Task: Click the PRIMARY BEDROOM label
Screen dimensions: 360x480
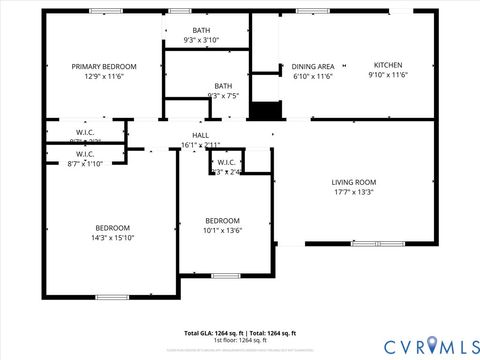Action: pyautogui.click(x=104, y=66)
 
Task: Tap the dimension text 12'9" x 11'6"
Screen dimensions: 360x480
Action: pyautogui.click(x=104, y=76)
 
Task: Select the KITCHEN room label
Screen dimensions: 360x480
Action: pyautogui.click(x=388, y=65)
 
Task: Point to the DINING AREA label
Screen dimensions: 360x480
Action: pyautogui.click(x=313, y=65)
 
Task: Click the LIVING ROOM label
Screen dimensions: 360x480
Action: pyautogui.click(x=353, y=182)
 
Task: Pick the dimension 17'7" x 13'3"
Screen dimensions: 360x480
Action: pyautogui.click(x=353, y=192)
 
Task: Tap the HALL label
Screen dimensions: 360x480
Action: pyautogui.click(x=201, y=135)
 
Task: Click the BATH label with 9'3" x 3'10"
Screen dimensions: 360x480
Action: pyautogui.click(x=201, y=31)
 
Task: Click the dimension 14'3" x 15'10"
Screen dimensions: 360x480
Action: pyautogui.click(x=112, y=237)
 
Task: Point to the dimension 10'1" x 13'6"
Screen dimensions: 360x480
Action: pyautogui.click(x=222, y=230)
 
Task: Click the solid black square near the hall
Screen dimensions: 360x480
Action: pyautogui.click(x=264, y=111)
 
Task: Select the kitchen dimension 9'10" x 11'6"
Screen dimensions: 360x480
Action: pyautogui.click(x=388, y=75)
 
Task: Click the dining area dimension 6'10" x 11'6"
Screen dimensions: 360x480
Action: pyautogui.click(x=313, y=75)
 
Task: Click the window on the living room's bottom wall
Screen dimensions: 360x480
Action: pyautogui.click(x=377, y=244)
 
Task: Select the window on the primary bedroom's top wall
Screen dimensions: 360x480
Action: pyautogui.click(x=105, y=11)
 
